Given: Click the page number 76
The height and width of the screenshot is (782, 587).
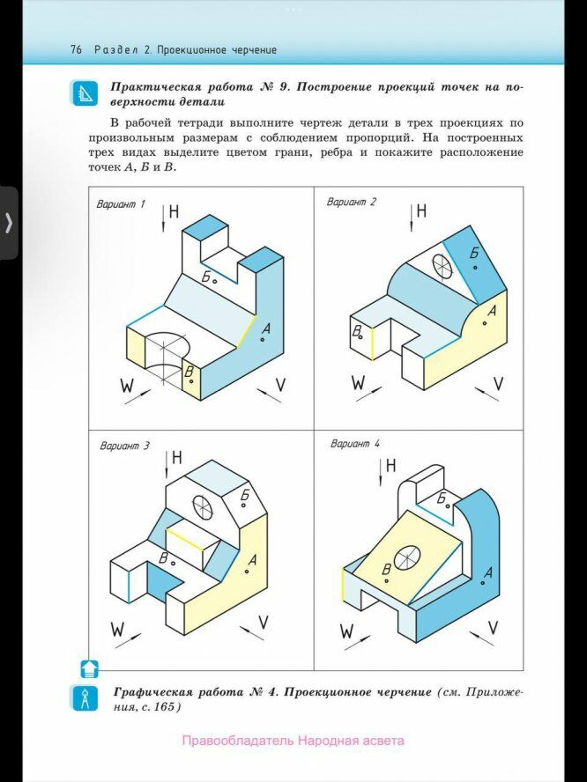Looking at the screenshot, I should click(x=76, y=50).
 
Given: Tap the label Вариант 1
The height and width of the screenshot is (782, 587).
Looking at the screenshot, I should click(x=121, y=204).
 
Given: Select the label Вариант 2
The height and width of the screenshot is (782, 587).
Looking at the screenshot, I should click(x=352, y=202).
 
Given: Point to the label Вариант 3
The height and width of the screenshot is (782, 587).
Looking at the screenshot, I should click(x=125, y=446).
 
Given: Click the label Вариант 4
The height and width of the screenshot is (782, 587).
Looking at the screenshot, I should click(x=354, y=443).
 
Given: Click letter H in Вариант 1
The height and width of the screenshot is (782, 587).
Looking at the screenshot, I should click(x=175, y=211).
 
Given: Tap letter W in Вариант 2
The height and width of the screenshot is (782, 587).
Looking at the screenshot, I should click(x=359, y=383).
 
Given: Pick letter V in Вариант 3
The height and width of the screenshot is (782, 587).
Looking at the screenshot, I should click(x=264, y=623).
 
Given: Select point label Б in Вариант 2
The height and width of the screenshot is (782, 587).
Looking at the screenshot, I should click(x=473, y=254).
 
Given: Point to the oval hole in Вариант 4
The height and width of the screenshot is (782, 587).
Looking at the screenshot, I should click(x=408, y=557).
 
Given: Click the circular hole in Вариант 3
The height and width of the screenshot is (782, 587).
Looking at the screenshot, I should click(x=203, y=505).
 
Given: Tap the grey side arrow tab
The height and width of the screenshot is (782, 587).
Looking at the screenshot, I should click(x=9, y=222).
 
